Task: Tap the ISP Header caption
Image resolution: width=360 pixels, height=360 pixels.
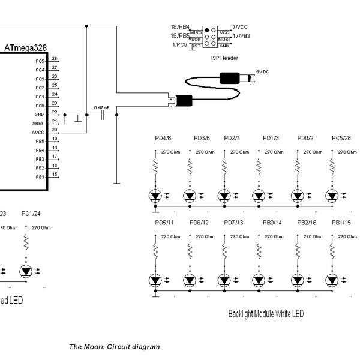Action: pyautogui.click(x=224, y=58)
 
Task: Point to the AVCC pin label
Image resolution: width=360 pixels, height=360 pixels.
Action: pyautogui.click(x=38, y=132)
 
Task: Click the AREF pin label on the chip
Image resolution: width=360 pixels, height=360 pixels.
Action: pyautogui.click(x=39, y=123)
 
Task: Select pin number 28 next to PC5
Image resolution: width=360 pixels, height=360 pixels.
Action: pyautogui.click(x=55, y=59)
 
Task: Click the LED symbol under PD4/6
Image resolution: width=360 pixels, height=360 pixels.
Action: pyautogui.click(x=155, y=196)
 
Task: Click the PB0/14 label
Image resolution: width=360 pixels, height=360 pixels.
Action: pyautogui.click(x=272, y=223)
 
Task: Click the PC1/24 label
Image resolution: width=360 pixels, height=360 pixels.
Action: pyautogui.click(x=31, y=214)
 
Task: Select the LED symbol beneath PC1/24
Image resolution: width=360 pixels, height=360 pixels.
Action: pyautogui.click(x=26, y=271)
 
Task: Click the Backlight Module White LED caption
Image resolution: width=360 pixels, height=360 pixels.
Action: pyautogui.click(x=266, y=314)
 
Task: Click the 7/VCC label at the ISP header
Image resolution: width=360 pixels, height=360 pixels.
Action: pyautogui.click(x=240, y=27)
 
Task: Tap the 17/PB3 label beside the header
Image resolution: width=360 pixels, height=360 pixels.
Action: pyautogui.click(x=241, y=36)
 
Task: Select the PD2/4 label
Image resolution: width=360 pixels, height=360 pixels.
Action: pyautogui.click(x=232, y=138)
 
